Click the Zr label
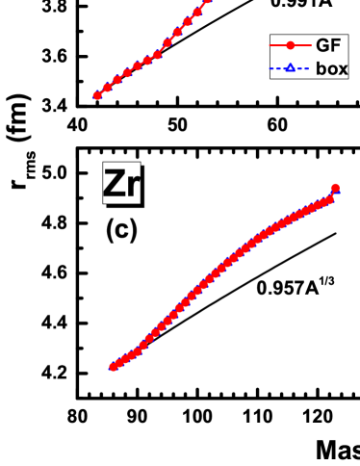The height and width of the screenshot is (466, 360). coord(121,183)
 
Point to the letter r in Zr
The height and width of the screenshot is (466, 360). coord(134,186)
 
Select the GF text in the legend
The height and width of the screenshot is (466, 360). coord(328,45)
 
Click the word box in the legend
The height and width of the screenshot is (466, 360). coord(332,68)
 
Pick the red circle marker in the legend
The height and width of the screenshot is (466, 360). coord(290,45)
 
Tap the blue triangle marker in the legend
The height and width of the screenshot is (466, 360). coord(290,68)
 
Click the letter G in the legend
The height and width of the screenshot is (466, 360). coord(322,45)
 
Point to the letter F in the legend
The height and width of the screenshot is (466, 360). coord(335,45)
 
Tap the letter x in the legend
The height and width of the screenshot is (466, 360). coord(343,69)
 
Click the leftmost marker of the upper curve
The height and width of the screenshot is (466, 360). coord(97,96)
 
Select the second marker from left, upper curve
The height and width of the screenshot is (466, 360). coord(107,88)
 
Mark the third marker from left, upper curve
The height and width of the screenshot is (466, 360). coord(117,80)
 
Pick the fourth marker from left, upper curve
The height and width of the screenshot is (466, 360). coord(127,72)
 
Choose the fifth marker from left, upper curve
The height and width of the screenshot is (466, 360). coord(137,66)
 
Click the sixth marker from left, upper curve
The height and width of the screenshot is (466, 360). coord(147,61)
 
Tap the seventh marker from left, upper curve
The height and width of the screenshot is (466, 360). coord(157,54)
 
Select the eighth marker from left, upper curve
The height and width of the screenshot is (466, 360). coord(167,42)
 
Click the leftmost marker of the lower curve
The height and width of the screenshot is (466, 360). coord(113,367)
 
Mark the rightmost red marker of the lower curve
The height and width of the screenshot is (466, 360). coord(335,188)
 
